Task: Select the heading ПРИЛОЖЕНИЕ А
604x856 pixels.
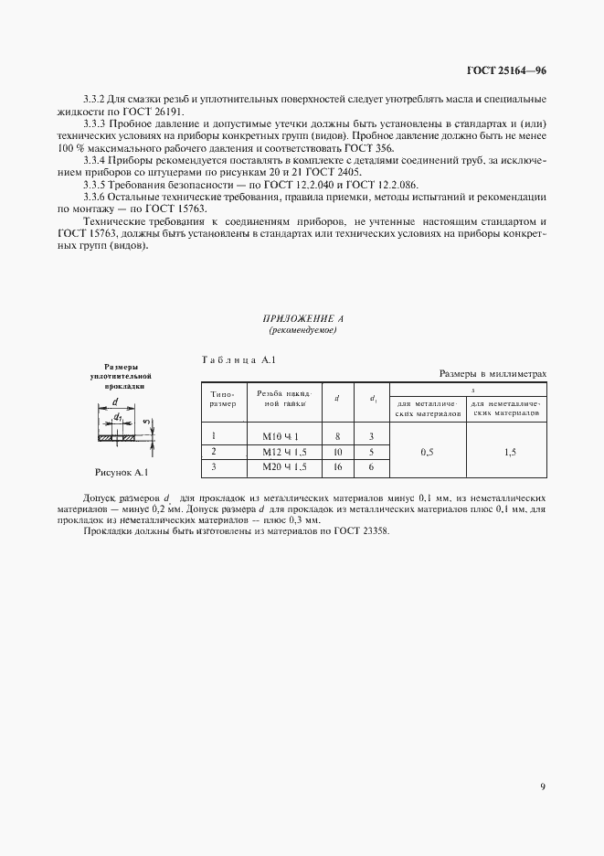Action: (302, 318)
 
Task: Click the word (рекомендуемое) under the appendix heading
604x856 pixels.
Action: (302, 329)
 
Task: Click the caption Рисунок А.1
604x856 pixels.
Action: (122, 473)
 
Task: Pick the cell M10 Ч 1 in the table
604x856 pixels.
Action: (281, 436)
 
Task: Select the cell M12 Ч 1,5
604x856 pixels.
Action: (284, 452)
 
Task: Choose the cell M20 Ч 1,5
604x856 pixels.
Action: (284, 466)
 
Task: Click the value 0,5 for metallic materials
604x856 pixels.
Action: (427, 452)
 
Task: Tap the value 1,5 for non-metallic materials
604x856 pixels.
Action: (508, 452)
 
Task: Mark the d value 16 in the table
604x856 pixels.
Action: (337, 466)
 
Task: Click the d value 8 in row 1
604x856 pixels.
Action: (337, 436)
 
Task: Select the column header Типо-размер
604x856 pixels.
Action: (223, 398)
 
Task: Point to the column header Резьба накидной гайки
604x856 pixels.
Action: (281, 398)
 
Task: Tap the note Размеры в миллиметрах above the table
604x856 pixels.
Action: (493, 373)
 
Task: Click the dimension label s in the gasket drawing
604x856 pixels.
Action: (146, 422)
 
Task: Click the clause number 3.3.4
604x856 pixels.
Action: (97, 159)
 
